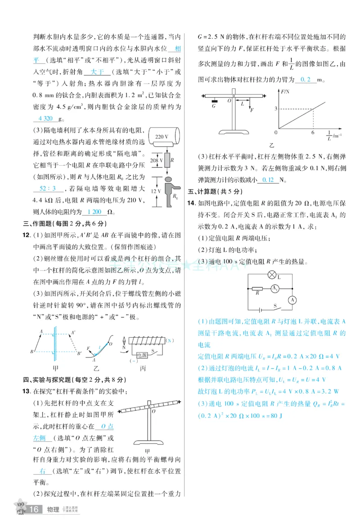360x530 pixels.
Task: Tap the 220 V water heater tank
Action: (162, 136)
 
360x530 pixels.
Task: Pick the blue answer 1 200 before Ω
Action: (94, 212)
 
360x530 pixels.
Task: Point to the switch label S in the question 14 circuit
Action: (275, 305)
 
